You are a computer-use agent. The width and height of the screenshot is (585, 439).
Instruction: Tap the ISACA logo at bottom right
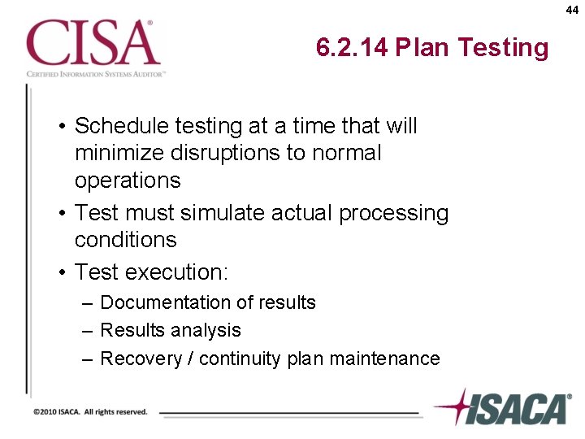point(502,407)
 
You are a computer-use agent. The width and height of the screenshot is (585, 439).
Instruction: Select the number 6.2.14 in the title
point(353,48)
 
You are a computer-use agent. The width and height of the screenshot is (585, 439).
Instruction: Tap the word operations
point(128,180)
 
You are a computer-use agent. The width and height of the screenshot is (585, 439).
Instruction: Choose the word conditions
point(125,240)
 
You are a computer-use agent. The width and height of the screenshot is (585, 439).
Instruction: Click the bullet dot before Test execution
point(62,272)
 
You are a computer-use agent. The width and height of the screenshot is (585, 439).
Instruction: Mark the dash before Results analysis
point(88,330)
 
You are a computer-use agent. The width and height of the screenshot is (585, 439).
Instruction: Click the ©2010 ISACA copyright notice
point(90,412)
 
